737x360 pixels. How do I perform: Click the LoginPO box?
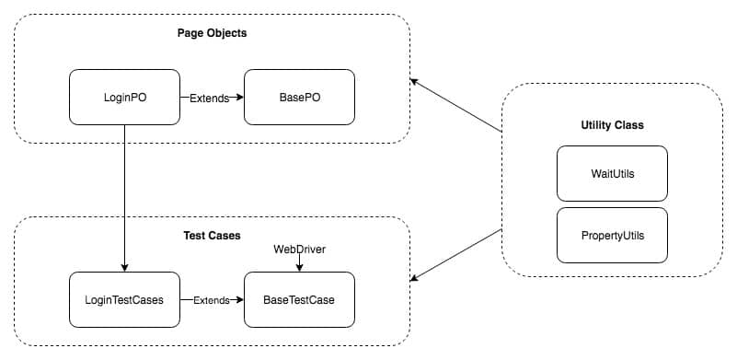click(124, 97)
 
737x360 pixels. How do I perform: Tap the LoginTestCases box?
click(124, 299)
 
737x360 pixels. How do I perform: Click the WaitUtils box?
click(612, 173)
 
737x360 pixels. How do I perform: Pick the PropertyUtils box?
click(612, 235)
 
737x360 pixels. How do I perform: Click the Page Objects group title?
click(212, 33)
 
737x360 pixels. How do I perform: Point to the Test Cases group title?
click(212, 236)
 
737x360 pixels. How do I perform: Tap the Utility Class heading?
click(612, 123)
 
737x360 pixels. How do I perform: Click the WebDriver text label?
click(299, 250)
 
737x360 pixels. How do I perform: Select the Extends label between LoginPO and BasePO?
click(209, 98)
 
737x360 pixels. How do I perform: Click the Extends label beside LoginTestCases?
click(212, 300)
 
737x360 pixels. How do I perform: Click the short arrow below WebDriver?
click(299, 264)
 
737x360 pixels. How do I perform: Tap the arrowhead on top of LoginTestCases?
click(124, 268)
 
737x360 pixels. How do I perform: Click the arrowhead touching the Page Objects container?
click(414, 82)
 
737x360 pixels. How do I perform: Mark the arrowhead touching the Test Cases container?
click(414, 278)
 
